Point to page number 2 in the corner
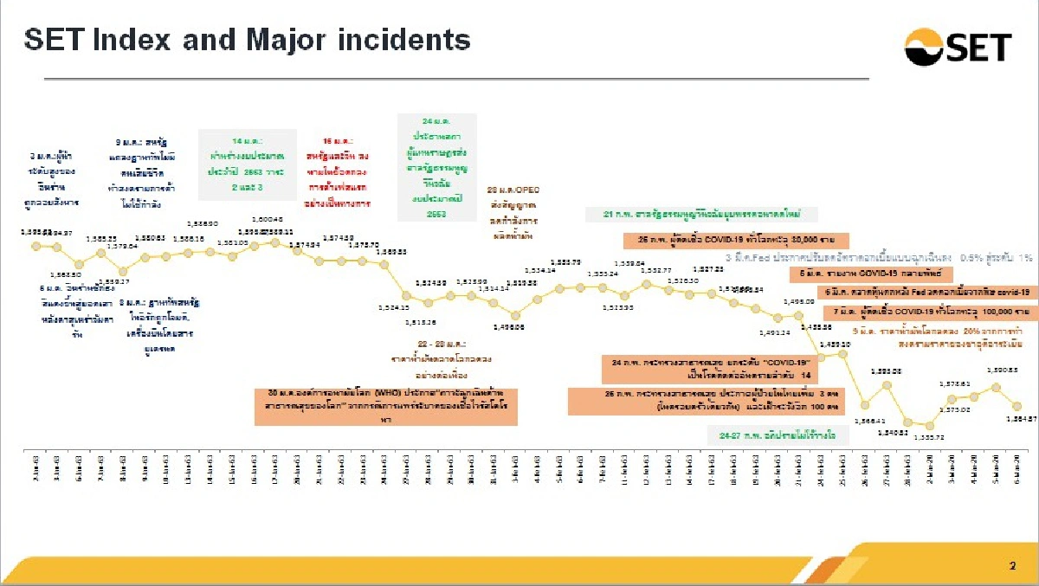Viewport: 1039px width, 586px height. click(1012, 566)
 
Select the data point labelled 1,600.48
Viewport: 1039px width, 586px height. click(275, 242)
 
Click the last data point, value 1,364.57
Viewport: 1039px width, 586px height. click(1018, 406)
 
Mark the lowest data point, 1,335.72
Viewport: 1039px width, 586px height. click(930, 425)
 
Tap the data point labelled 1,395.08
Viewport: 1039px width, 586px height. click(887, 384)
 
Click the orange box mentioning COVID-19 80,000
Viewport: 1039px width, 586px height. click(736, 239)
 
